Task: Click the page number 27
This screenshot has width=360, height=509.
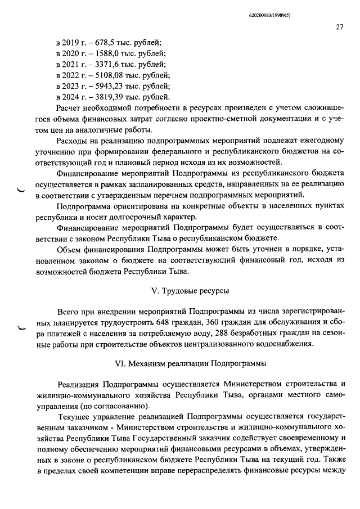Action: tap(340, 26)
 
